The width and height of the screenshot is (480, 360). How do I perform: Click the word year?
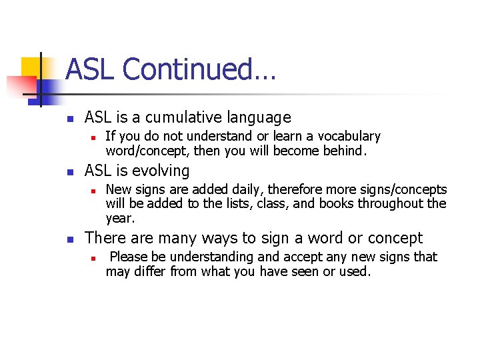(120, 219)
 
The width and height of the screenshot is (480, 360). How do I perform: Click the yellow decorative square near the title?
(31, 67)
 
